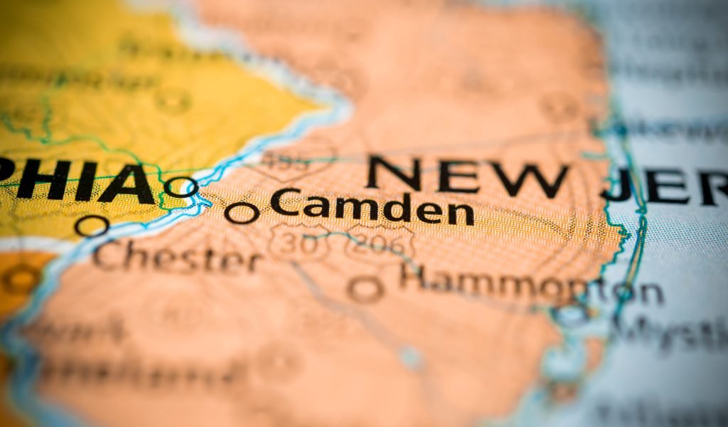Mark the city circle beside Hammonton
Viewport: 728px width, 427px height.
point(365,288)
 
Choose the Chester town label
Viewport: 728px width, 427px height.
point(177,256)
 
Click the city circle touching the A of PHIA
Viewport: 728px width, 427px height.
point(181,187)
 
